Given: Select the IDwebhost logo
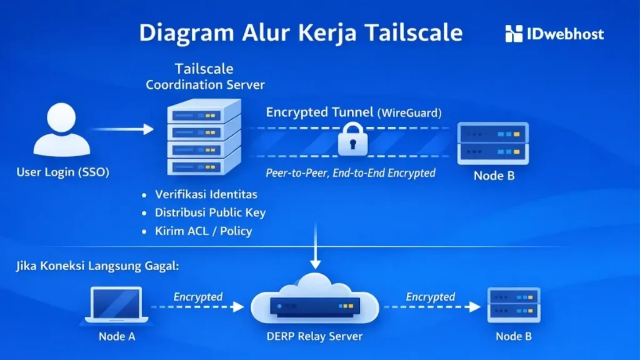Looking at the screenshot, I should point(554,34).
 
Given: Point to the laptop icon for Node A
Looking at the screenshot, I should point(116,306).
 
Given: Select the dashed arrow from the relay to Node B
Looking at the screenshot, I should point(431,307).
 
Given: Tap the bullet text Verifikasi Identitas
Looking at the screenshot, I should point(206,194).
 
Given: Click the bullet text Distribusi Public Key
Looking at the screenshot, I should point(211,212).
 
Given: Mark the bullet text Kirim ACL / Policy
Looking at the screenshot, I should point(204,231).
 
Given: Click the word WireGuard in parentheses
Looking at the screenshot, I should point(409,113).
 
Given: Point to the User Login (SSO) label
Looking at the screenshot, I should point(62,172).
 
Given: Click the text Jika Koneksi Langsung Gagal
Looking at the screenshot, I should point(97,266).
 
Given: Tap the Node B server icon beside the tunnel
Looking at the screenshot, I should point(493,142).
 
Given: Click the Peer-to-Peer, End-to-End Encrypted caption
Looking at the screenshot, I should point(351,172).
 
